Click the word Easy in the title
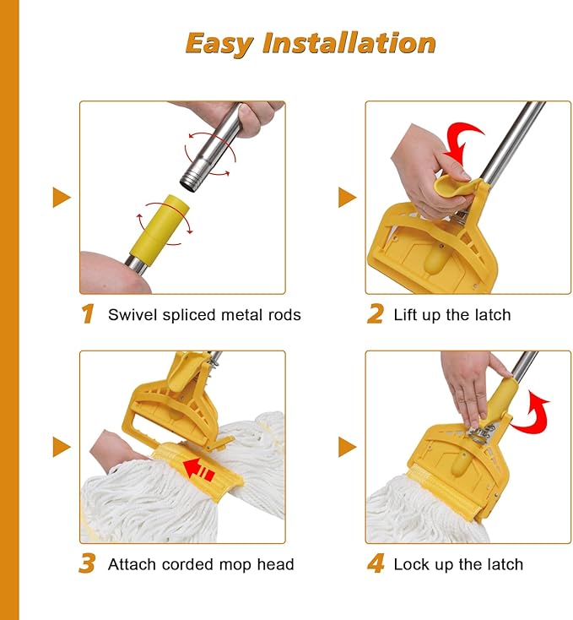219,43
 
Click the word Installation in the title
349,42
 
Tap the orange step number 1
88,314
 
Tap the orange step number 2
376,314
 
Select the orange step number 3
87,563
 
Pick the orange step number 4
376,563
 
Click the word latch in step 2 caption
493,315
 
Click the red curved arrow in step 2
462,143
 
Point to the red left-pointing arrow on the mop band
199,469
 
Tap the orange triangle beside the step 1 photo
62,198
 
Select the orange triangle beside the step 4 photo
348,447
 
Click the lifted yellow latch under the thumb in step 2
454,187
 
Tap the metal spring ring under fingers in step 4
479,434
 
